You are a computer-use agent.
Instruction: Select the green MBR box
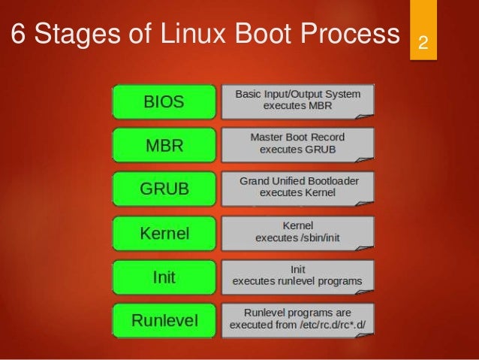pos(164,146)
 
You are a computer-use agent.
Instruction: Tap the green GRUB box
pos(164,189)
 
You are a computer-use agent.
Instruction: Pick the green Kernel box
pos(164,233)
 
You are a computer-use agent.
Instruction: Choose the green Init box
pos(164,277)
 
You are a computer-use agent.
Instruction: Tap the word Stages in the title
pos(83,34)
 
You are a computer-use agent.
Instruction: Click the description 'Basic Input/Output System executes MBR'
pos(298,101)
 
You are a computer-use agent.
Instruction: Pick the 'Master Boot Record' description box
pos(298,144)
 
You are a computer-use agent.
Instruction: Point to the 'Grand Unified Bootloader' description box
pos(298,187)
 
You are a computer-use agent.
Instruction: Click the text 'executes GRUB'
pos(298,150)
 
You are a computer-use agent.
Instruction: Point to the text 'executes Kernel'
pos(298,193)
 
